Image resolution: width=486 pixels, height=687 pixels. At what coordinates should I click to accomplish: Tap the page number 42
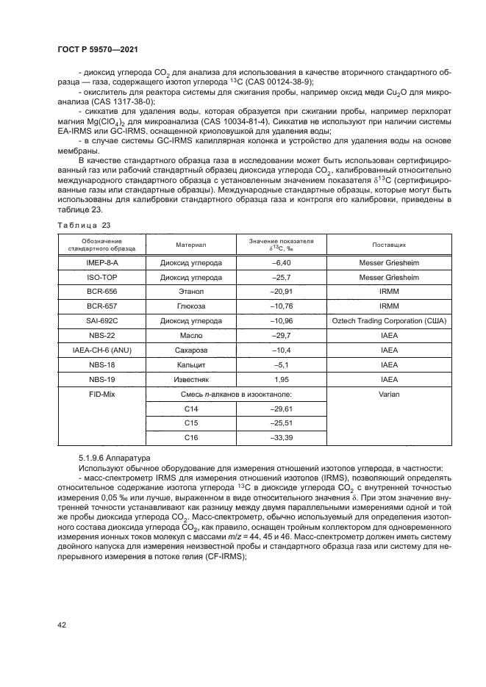[x=61, y=624]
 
